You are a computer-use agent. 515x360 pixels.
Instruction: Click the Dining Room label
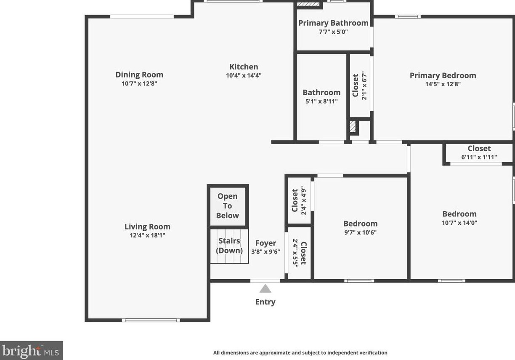(x=139, y=75)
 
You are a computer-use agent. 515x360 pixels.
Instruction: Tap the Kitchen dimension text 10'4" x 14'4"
(x=244, y=76)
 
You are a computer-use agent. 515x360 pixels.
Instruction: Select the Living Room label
(x=147, y=227)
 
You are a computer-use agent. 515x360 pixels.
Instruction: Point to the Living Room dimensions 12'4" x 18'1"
(x=147, y=235)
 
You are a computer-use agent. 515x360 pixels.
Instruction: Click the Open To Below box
(x=228, y=206)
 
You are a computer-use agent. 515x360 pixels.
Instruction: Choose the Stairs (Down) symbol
(x=229, y=246)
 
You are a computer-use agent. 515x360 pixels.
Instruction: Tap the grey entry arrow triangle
(x=265, y=288)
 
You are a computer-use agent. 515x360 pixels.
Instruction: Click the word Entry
(x=265, y=302)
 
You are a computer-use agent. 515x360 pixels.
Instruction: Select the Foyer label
(x=266, y=243)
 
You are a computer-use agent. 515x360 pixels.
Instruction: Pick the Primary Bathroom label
(x=333, y=23)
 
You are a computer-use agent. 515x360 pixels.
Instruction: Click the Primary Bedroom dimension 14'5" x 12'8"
(x=443, y=84)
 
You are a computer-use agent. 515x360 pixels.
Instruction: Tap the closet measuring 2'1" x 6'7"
(x=360, y=85)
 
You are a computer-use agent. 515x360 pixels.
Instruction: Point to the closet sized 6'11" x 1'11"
(x=479, y=153)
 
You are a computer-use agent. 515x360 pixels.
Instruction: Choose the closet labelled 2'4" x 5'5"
(x=299, y=253)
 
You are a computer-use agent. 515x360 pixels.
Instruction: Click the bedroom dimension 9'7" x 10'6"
(x=360, y=232)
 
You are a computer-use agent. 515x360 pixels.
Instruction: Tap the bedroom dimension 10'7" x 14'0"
(x=459, y=223)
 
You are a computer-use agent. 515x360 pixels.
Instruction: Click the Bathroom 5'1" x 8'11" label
(x=321, y=96)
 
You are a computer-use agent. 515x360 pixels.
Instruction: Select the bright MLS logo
(x=32, y=350)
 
